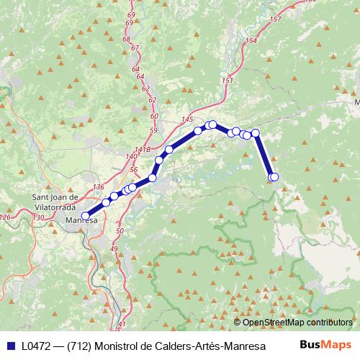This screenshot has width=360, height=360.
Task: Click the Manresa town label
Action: [x=81, y=220]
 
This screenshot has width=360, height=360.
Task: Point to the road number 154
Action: [x=251, y=41]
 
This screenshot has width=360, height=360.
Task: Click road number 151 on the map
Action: [x=228, y=81]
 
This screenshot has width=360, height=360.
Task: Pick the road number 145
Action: [x=188, y=120]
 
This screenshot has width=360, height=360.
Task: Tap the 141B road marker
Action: [x=143, y=149]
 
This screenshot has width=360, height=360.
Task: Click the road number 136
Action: [x=99, y=186]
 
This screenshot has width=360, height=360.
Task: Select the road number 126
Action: [x=6, y=217]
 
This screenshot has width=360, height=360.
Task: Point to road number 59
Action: [x=153, y=130]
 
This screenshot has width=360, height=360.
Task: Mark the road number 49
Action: [x=114, y=248]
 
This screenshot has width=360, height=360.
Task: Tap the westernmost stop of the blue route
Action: [x=85, y=215]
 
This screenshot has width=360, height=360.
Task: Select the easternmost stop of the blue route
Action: [x=274, y=177]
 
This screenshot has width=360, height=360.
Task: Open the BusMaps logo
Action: [x=324, y=345]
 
